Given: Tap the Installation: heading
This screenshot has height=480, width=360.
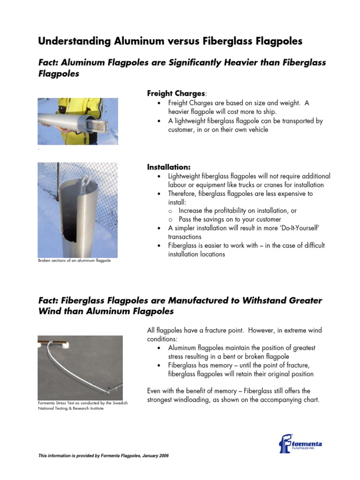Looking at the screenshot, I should [169, 167].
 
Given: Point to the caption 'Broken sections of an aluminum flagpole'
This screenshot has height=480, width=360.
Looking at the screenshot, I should [74, 260].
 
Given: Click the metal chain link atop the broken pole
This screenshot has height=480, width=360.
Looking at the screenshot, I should [86, 180].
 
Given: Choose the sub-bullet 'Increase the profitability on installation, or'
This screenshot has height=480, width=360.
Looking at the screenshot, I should [238, 211].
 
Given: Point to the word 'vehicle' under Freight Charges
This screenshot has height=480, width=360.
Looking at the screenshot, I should [257, 129].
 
